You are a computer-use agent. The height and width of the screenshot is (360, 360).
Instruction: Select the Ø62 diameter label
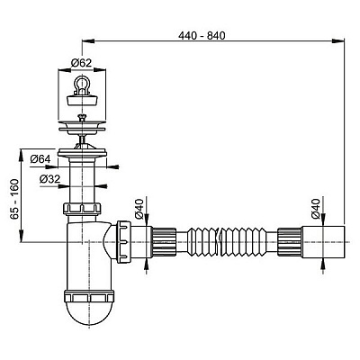point(79,63)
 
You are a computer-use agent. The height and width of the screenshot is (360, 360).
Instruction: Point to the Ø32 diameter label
point(50,179)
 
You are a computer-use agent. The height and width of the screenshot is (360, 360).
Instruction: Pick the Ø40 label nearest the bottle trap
point(139,214)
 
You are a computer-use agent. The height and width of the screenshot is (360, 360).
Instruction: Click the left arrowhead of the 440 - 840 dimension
point(85,40)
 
